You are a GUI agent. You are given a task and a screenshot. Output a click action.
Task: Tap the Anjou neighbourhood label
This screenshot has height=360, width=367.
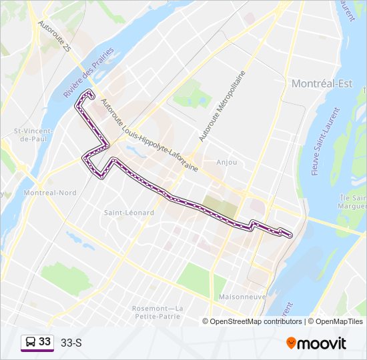(x=227, y=162)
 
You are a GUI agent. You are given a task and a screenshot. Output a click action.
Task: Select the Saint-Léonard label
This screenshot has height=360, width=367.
(x=129, y=213)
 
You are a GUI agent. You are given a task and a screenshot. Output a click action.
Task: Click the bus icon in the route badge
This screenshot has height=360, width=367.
(x=31, y=342)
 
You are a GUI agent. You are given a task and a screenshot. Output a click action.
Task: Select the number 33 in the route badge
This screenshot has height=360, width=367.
(x=45, y=341)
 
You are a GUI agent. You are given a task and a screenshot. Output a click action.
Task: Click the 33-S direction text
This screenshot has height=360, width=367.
(x=71, y=343)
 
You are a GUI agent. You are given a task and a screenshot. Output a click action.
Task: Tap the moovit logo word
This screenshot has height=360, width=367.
(x=323, y=343)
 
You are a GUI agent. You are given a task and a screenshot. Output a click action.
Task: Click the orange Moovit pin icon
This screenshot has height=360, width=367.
(x=291, y=343)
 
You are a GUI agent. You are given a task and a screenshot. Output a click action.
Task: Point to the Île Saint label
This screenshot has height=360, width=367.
(x=353, y=201)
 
